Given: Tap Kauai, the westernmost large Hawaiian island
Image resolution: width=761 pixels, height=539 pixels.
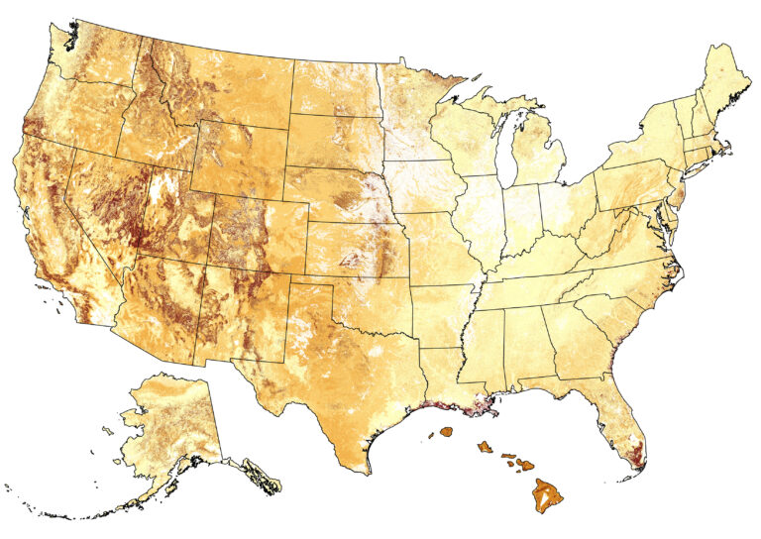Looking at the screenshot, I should (x=446, y=432).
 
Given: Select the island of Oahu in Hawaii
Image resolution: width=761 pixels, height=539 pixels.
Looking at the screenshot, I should (x=485, y=448).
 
